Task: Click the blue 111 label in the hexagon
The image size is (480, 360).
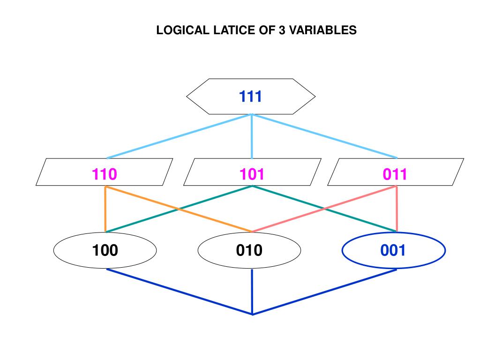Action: pyautogui.click(x=250, y=97)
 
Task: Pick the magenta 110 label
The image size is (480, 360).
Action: pyautogui.click(x=105, y=174)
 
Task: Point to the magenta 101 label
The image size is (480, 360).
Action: pyautogui.click(x=252, y=174)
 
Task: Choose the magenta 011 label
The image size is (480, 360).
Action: pyautogui.click(x=395, y=174)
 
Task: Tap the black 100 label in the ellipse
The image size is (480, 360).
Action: pyautogui.click(x=105, y=250)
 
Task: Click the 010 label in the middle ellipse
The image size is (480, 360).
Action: pyautogui.click(x=249, y=250)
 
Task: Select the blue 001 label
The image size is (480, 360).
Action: pyautogui.click(x=393, y=250)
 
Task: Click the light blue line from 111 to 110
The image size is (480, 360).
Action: pyautogui.click(x=180, y=136)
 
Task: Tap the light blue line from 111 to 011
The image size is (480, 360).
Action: pyautogui.click(x=324, y=136)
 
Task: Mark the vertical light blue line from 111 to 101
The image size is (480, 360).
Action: pyautogui.click(x=252, y=136)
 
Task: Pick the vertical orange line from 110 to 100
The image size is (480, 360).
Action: pyautogui.click(x=105, y=209)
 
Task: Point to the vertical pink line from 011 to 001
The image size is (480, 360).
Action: pyautogui.click(x=397, y=209)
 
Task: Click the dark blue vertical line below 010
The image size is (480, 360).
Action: pyautogui.click(x=252, y=291)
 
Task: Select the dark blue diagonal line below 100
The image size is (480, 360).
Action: pyautogui.click(x=180, y=292)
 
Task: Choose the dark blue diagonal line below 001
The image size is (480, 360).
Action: pyautogui.click(x=325, y=292)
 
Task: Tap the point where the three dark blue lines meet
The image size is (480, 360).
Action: pyautogui.click(x=252, y=314)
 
